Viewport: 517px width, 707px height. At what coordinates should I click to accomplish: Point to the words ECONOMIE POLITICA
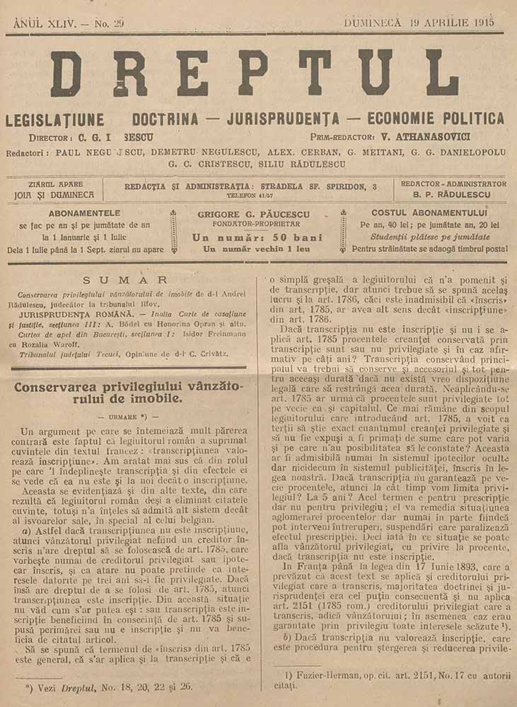coord(438,118)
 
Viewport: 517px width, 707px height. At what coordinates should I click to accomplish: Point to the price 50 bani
coord(283,238)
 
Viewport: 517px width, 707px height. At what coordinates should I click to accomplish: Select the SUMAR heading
coord(124,280)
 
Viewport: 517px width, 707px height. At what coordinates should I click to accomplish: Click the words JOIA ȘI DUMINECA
coord(54,194)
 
